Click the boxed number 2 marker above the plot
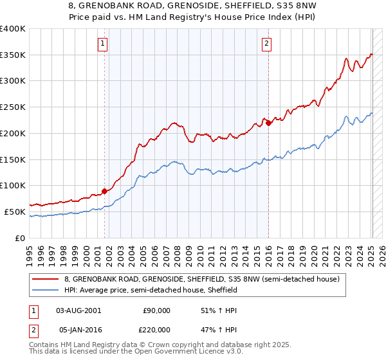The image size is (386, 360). point(266,44)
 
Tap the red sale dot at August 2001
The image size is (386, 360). point(104,191)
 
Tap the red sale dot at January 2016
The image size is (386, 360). point(268,123)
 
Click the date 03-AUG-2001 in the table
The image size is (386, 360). point(78,310)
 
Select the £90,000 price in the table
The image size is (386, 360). point(156,310)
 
